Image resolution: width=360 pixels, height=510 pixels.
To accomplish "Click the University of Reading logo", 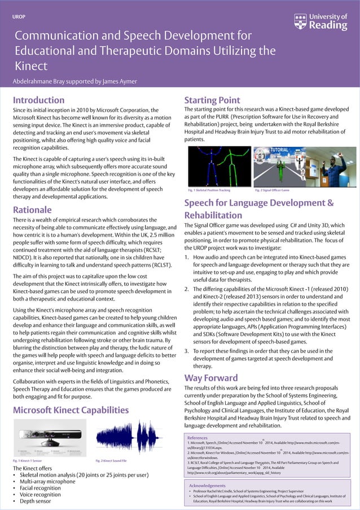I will (x=321, y=21).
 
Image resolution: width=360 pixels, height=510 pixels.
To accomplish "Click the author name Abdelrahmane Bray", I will (x=42, y=81).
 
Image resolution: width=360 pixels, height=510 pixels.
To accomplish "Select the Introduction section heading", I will (x=38, y=101).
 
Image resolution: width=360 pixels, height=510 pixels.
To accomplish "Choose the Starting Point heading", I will (x=212, y=101).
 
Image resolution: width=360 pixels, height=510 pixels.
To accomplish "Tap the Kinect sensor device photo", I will (x=50, y=438).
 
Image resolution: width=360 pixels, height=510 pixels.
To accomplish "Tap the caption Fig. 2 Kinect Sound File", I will (x=111, y=461).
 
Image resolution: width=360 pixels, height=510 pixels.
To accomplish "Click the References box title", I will (x=197, y=437).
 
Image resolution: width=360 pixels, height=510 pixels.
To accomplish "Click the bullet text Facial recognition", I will (x=42, y=488).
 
